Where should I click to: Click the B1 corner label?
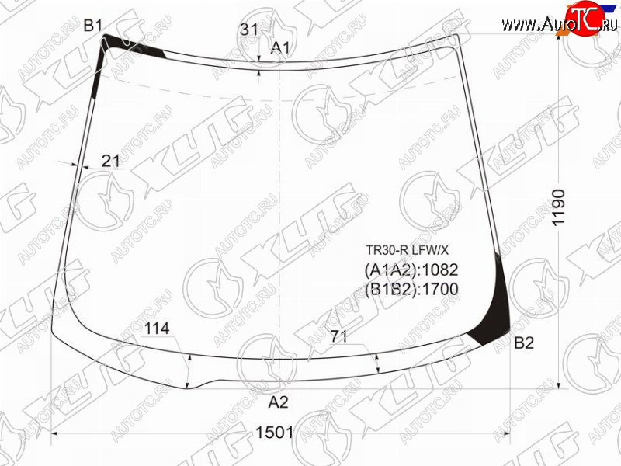click(93, 26)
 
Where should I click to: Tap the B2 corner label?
click(523, 343)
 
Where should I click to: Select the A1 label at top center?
click(280, 48)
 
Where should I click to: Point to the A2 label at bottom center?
click(279, 402)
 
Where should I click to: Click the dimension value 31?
click(249, 30)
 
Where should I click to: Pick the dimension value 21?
click(110, 161)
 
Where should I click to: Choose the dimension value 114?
click(157, 329)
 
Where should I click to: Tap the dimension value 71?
click(338, 336)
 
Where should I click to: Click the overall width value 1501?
click(275, 433)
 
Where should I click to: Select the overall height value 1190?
click(558, 207)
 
